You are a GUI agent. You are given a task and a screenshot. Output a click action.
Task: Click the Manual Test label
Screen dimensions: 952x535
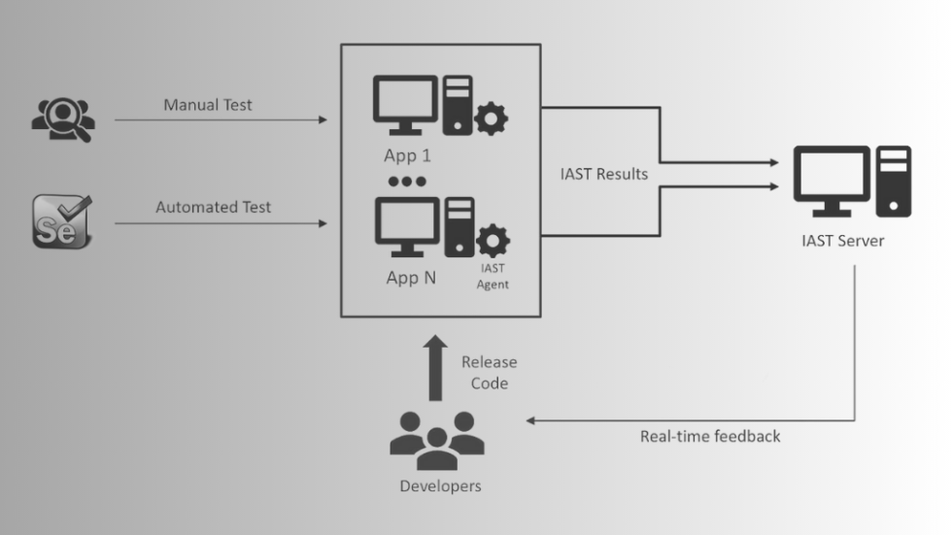tap(208, 105)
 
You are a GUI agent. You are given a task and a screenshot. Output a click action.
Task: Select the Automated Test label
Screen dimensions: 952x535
tap(213, 207)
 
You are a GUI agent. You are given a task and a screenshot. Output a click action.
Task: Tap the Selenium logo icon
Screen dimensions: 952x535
tap(62, 221)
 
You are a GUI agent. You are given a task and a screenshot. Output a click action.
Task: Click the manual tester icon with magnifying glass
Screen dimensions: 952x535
tap(63, 119)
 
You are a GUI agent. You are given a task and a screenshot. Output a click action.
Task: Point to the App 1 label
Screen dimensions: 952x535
tap(407, 156)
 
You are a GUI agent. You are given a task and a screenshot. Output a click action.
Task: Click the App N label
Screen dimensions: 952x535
tap(411, 278)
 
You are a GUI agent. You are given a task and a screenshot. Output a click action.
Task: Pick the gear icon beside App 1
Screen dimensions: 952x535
tap(491, 118)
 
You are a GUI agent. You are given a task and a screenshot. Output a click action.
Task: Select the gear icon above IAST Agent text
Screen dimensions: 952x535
tap(493, 241)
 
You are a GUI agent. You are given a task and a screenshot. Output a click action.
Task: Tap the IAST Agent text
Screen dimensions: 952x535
tap(493, 276)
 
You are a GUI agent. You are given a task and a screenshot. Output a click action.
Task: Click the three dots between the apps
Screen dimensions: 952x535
tap(407, 182)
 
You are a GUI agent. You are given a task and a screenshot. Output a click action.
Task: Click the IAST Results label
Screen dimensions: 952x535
tap(604, 174)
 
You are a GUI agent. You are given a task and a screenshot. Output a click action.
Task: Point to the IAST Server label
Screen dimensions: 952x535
tap(843, 241)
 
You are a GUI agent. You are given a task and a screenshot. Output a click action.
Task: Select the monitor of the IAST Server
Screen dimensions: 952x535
tap(832, 181)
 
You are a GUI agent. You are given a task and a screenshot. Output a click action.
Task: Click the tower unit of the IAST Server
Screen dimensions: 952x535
tap(893, 181)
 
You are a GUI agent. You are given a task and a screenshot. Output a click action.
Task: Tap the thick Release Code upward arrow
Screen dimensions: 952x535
tap(435, 368)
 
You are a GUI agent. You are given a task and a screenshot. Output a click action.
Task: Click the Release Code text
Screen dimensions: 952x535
tap(490, 373)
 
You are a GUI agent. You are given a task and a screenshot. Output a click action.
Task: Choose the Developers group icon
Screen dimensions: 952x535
tap(437, 441)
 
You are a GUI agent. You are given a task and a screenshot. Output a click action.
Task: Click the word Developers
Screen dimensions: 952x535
tap(440, 485)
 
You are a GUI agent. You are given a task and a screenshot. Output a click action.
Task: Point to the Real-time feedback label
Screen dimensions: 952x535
tap(710, 436)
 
